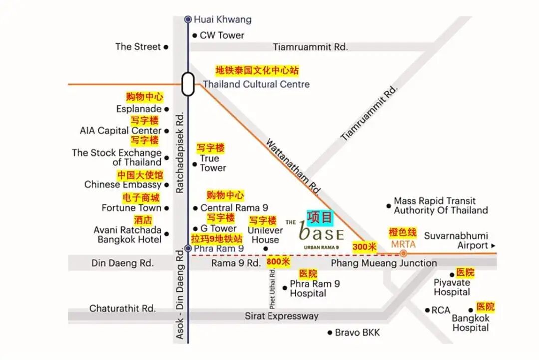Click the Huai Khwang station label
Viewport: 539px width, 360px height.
coord(222,20)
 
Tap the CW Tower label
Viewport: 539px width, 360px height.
coord(222,35)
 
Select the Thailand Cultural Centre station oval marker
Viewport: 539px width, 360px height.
coord(188,84)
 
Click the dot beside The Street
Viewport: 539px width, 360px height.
coord(166,47)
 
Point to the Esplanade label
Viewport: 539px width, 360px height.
coord(139,109)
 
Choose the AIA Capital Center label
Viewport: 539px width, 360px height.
coord(121,131)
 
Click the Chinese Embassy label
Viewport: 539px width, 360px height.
coord(123,185)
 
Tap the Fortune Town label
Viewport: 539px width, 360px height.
coord(132,208)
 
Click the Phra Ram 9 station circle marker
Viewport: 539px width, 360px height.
coord(188,248)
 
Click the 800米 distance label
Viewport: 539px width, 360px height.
coord(278,262)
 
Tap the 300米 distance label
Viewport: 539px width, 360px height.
coord(365,246)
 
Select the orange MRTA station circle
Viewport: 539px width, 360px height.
coord(403,253)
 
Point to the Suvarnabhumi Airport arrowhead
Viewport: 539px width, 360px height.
coord(493,246)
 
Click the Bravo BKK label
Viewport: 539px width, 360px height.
coord(357,332)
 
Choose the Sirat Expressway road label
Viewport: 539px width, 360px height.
coord(281,316)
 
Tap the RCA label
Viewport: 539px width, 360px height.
coord(441,310)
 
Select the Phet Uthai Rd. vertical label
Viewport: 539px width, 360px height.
coord(273,288)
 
